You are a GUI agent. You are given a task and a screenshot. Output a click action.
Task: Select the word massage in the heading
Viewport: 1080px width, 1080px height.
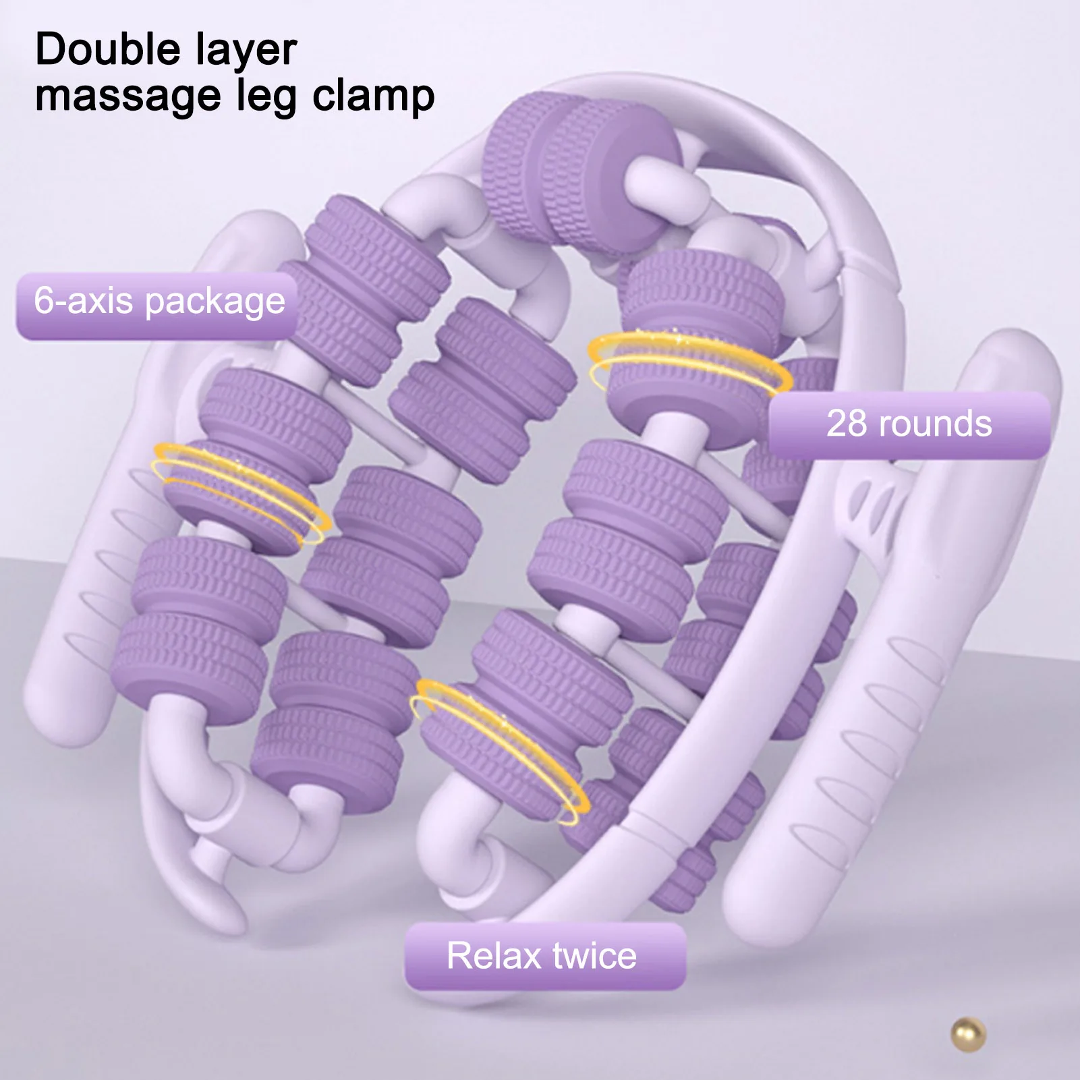[128, 96]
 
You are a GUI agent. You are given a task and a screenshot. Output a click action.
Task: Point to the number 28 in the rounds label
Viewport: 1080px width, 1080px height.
[847, 424]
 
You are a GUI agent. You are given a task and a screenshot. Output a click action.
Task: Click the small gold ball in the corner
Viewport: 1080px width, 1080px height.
[968, 1034]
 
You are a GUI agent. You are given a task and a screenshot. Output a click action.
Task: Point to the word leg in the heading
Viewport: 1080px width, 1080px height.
[266, 96]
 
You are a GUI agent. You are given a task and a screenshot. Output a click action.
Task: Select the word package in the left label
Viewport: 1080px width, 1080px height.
[215, 302]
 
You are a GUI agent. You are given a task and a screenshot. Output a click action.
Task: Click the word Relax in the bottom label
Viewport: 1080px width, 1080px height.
[494, 956]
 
